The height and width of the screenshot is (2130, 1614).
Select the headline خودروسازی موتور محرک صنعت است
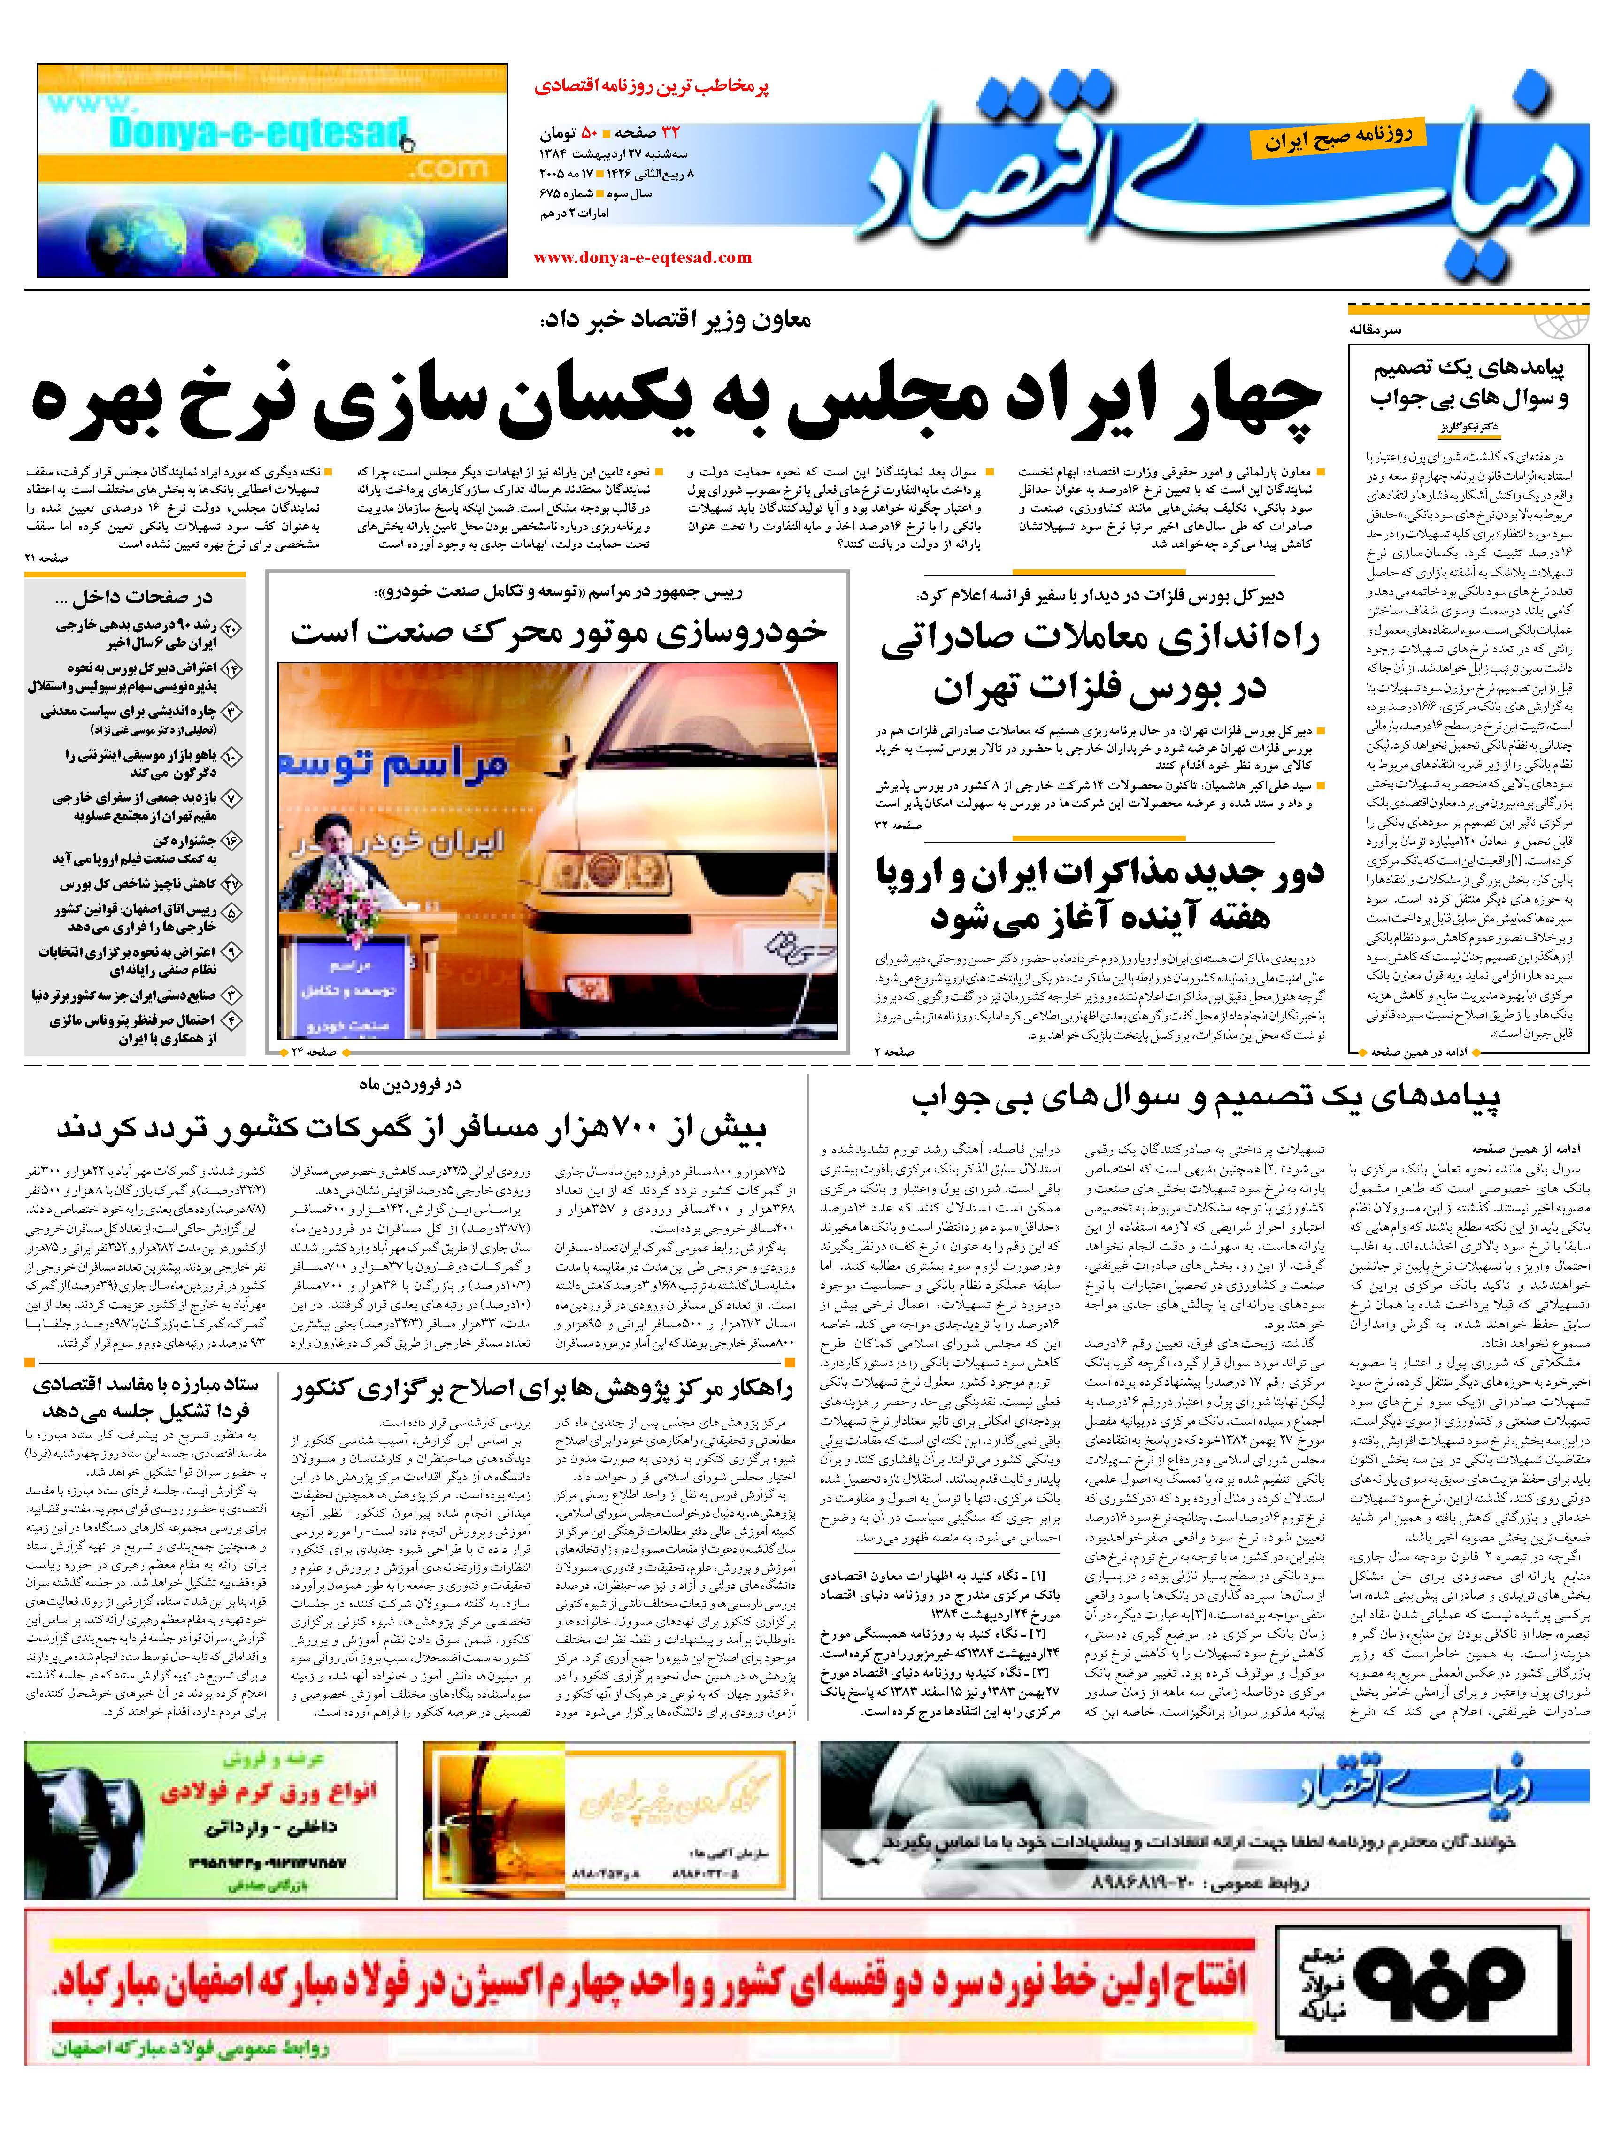click(x=559, y=633)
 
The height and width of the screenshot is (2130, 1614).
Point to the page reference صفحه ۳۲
click(x=897, y=825)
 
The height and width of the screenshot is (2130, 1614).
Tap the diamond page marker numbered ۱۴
click(x=231, y=668)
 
